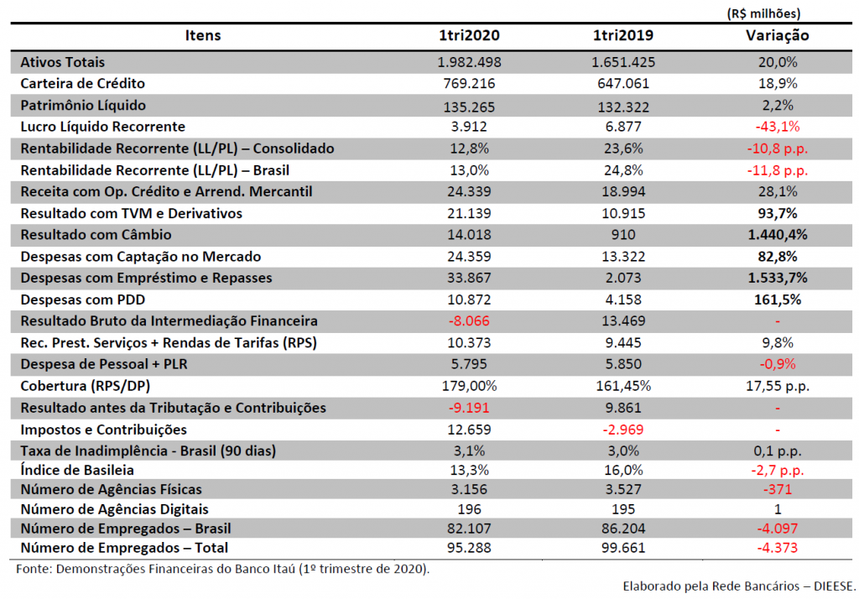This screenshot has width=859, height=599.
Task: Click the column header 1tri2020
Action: point(469,35)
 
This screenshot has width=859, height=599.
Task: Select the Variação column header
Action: point(777,35)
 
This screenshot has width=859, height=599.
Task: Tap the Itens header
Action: point(203,35)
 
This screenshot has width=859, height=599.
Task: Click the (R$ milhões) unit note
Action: point(763,13)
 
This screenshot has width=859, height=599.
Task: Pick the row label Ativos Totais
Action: point(62,62)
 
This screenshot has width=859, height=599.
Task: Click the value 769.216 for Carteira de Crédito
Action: point(469,83)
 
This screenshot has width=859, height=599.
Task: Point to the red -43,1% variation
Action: point(778,127)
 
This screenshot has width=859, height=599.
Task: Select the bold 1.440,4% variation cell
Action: point(778,235)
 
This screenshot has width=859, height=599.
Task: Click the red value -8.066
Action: point(469,321)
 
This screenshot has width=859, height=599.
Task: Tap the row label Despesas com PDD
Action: point(83,299)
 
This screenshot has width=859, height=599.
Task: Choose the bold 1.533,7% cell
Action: point(778,278)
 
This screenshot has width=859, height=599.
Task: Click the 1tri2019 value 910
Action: point(623,235)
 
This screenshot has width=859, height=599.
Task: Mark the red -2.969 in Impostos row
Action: point(623,430)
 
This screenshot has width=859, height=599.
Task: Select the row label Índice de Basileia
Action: point(77,470)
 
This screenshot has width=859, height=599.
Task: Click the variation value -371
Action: point(778,489)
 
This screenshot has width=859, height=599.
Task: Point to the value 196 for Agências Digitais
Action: point(469,509)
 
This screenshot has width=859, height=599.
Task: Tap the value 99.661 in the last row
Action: point(623,548)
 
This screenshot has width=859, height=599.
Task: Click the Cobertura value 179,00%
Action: point(469,386)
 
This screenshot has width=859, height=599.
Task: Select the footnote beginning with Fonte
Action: point(223,569)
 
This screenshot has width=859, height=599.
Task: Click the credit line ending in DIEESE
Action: point(739,586)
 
